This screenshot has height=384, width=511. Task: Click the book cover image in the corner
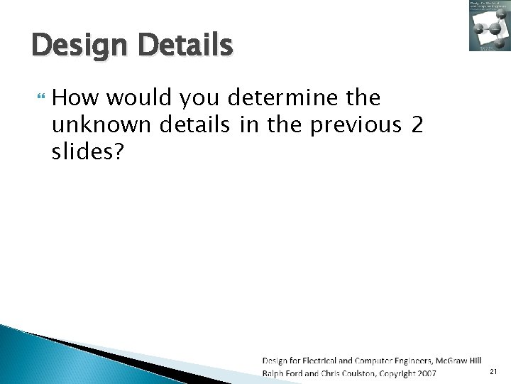489,26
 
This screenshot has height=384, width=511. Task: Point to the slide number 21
495,372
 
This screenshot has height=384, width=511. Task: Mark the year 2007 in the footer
427,373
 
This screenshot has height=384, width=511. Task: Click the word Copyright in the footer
397,373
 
